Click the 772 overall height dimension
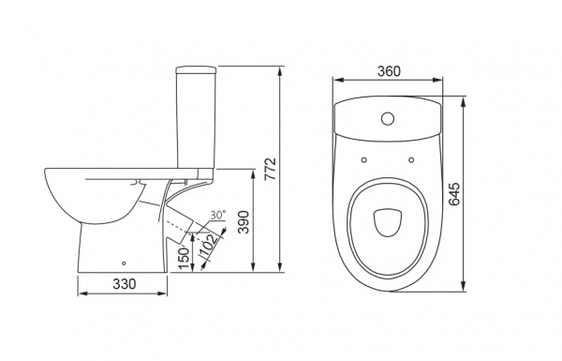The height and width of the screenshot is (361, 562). (x=272, y=169)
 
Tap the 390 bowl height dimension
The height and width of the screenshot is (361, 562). (x=244, y=222)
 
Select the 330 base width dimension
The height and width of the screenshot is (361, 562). (x=125, y=284)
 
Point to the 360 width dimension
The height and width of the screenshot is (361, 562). (x=389, y=71)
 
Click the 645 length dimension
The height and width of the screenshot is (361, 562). (x=454, y=194)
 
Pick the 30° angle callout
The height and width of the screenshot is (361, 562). (x=218, y=216)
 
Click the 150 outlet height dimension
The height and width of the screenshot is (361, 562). (x=184, y=258)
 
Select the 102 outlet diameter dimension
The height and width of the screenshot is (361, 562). (x=208, y=247)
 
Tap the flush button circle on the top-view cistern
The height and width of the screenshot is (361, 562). (x=388, y=118)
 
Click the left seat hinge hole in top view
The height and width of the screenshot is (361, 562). (x=364, y=159)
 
